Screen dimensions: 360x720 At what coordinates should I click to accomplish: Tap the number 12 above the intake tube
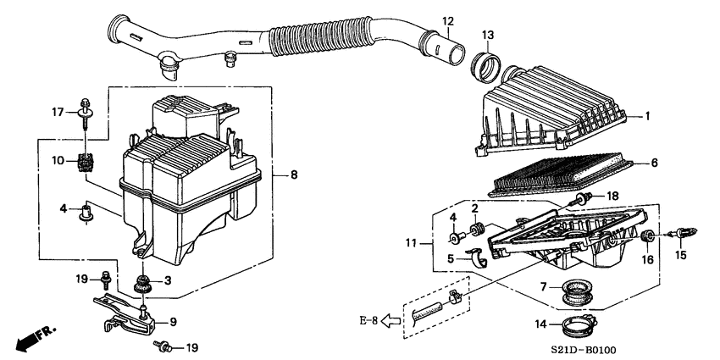click(x=447, y=20)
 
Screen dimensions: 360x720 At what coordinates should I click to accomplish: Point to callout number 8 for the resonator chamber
click(x=293, y=175)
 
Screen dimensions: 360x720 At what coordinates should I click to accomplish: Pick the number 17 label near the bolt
click(x=58, y=111)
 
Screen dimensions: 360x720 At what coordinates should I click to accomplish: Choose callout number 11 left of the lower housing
click(x=411, y=244)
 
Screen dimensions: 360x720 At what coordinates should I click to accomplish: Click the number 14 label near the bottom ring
click(x=541, y=323)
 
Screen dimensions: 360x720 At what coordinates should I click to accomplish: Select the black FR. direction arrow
click(x=30, y=340)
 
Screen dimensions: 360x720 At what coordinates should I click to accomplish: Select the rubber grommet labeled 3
click(x=143, y=280)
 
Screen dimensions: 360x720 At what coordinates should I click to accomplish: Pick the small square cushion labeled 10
click(x=86, y=161)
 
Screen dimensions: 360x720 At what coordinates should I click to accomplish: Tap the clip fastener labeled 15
click(x=678, y=232)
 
